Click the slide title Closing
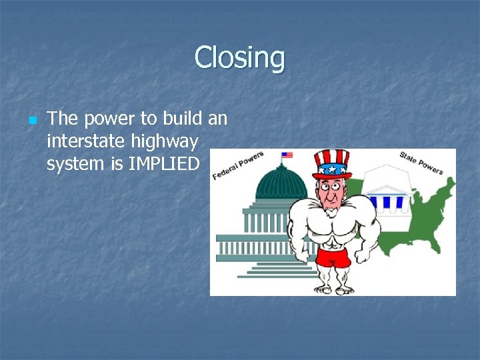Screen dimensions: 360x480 pyautogui.click(x=239, y=58)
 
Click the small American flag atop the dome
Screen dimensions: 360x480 pyautogui.click(x=287, y=155)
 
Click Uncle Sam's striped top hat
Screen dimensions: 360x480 pyautogui.click(x=331, y=161)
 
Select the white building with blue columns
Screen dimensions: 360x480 pyautogui.click(x=390, y=193)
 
